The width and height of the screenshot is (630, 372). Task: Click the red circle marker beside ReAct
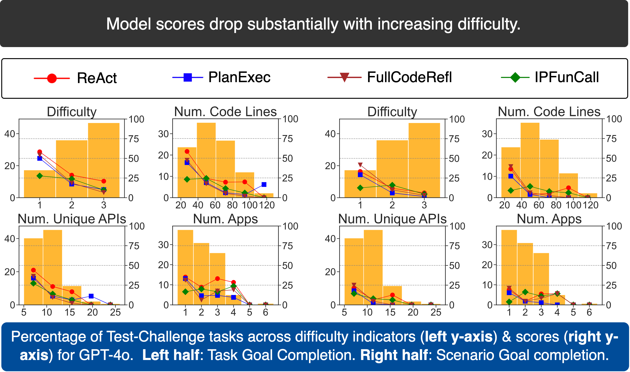[x=52, y=78]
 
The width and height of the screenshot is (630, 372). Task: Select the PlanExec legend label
[x=239, y=77]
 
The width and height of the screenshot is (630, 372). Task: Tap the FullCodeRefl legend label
[x=409, y=77]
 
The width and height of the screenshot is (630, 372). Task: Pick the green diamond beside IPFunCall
[x=515, y=78]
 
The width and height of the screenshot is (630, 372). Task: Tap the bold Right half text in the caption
[x=394, y=355]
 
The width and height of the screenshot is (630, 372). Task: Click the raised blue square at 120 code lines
[x=264, y=184]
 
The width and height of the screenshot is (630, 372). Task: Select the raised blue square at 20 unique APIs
[x=91, y=296]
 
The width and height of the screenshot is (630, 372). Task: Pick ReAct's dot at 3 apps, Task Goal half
[x=217, y=279]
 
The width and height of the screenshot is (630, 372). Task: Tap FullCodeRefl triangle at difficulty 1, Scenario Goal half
[x=360, y=165]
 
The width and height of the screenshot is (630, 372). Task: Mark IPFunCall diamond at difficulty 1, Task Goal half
[x=40, y=176]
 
